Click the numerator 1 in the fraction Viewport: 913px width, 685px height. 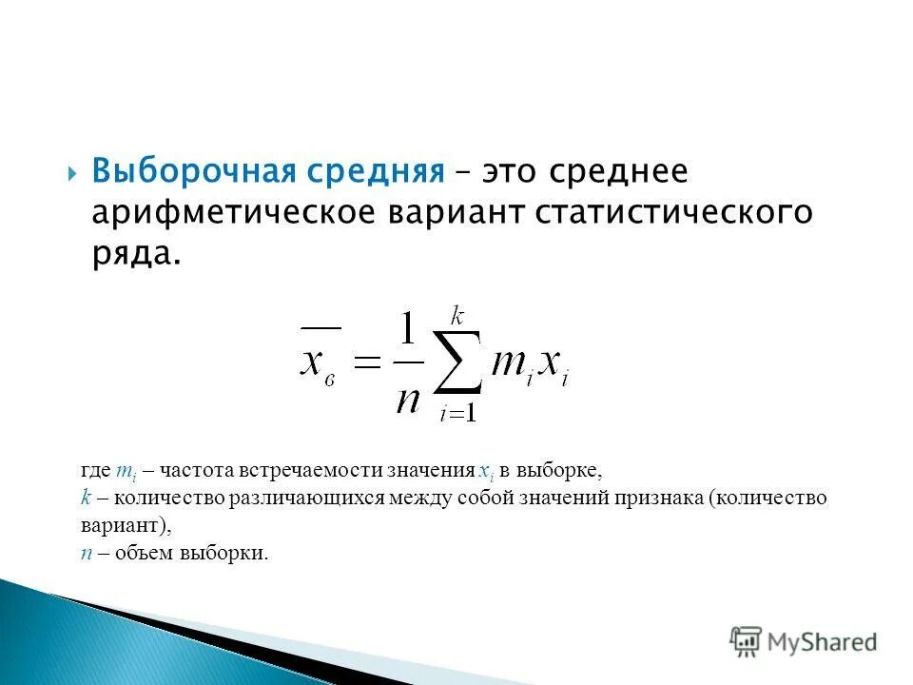[x=407, y=332]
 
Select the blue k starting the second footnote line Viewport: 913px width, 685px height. [x=85, y=498]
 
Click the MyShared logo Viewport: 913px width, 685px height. [x=803, y=640]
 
